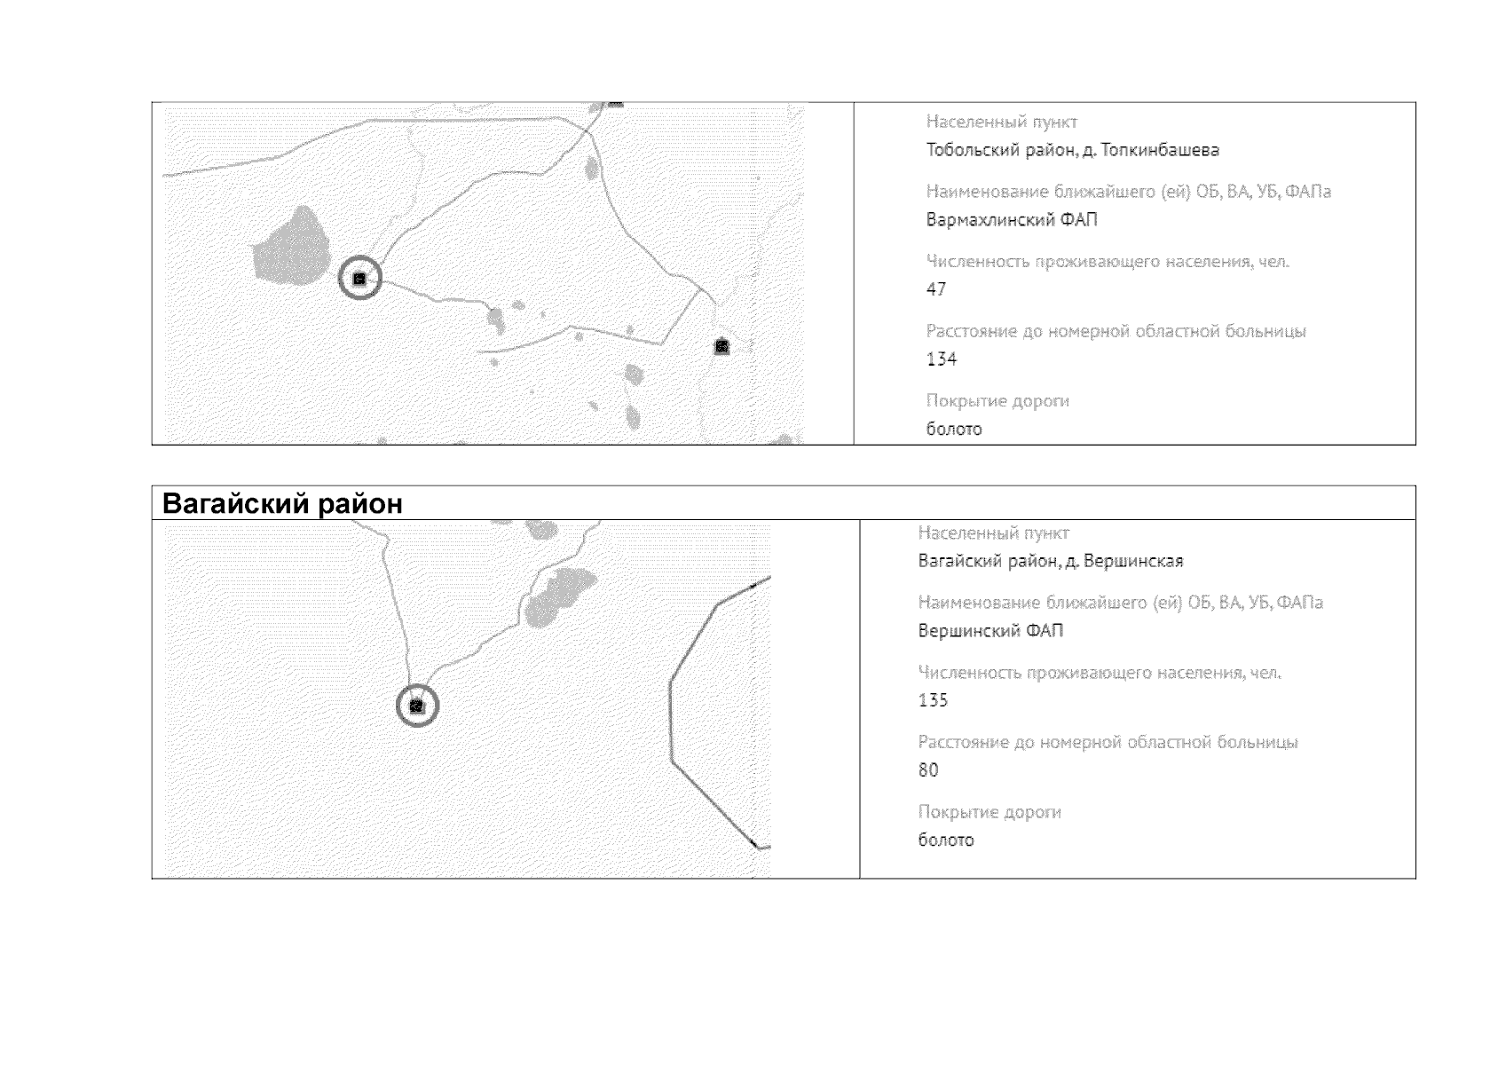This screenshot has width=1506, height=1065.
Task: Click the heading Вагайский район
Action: click(x=282, y=503)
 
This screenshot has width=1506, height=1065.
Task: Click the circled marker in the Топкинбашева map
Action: click(x=359, y=279)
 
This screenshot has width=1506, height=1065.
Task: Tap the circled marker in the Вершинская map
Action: click(x=417, y=706)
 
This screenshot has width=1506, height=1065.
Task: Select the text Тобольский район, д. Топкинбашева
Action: click(x=1072, y=150)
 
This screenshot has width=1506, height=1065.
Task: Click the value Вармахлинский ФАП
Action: click(x=1011, y=220)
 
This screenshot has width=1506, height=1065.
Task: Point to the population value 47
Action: click(x=936, y=289)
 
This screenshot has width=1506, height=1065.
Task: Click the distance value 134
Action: click(x=942, y=359)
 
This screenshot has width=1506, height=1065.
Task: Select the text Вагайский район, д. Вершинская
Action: click(x=1051, y=561)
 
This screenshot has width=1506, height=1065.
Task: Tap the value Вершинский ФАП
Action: click(x=991, y=631)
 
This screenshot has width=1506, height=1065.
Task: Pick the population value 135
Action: click(x=934, y=700)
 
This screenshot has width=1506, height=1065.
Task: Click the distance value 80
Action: click(x=928, y=769)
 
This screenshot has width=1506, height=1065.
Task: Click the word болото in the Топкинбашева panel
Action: click(x=954, y=429)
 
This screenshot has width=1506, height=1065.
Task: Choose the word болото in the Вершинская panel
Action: click(x=946, y=840)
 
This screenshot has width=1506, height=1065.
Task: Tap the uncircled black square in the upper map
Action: click(x=721, y=346)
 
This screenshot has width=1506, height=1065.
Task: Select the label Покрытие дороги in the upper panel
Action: click(x=997, y=401)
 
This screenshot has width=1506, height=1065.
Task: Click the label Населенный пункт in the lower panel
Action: click(x=993, y=532)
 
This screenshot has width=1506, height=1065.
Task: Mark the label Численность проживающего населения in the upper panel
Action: click(x=1108, y=261)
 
